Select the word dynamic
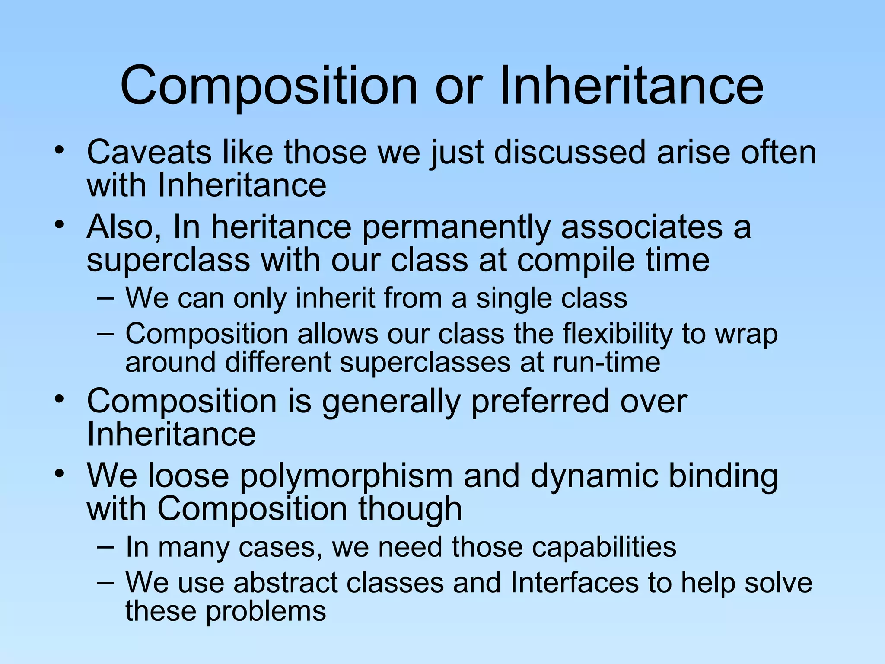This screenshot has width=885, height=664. click(x=594, y=477)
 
